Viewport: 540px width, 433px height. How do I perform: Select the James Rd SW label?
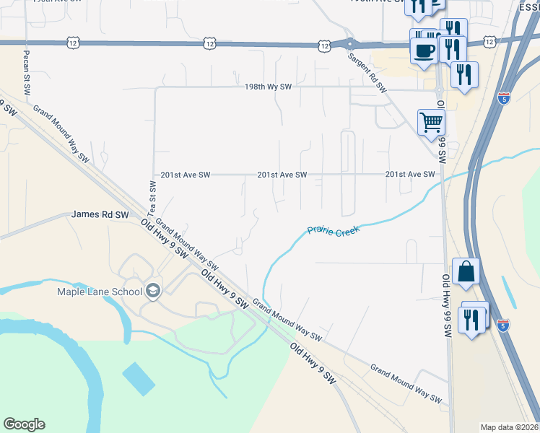[x=100, y=214]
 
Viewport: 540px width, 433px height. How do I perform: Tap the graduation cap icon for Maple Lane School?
[x=152, y=291]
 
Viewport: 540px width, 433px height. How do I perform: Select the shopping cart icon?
[x=431, y=122]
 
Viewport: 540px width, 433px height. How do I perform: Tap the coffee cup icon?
[x=424, y=51]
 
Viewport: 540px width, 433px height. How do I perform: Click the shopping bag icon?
[x=466, y=271]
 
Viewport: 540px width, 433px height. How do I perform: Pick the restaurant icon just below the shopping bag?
[x=471, y=318]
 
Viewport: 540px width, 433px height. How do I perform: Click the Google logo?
[x=24, y=424]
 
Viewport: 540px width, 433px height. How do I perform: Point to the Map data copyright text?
[x=508, y=427]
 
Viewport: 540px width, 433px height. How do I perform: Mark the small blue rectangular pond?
[x=139, y=378]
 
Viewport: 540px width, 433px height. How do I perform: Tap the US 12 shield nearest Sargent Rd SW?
[x=324, y=45]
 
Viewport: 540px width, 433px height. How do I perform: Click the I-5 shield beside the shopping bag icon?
[x=504, y=326]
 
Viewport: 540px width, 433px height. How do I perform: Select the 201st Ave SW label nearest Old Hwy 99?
[x=410, y=175]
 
